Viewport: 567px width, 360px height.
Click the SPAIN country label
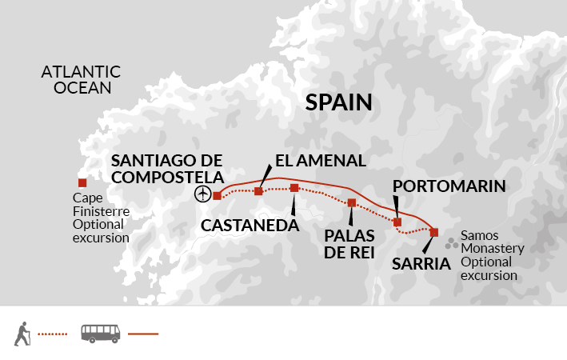(339, 102)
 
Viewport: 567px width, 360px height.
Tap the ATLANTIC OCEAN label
(82, 79)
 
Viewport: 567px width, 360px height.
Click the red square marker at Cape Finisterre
(82, 182)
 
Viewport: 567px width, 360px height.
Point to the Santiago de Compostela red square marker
(217, 195)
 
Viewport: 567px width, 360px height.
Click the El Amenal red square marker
(258, 191)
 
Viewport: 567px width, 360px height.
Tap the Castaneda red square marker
(294, 188)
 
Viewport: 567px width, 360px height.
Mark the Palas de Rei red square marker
(351, 202)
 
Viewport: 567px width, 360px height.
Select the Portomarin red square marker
(397, 222)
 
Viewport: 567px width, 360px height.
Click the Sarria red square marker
(434, 232)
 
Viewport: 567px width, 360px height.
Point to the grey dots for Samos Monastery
(453, 240)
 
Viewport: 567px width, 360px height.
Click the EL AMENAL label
(320, 160)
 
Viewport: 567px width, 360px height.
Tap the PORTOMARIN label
(450, 186)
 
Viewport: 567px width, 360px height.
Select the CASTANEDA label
(250, 226)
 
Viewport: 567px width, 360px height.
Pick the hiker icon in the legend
(23, 334)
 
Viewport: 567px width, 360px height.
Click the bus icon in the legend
(100, 334)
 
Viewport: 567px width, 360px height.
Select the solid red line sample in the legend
(143, 334)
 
